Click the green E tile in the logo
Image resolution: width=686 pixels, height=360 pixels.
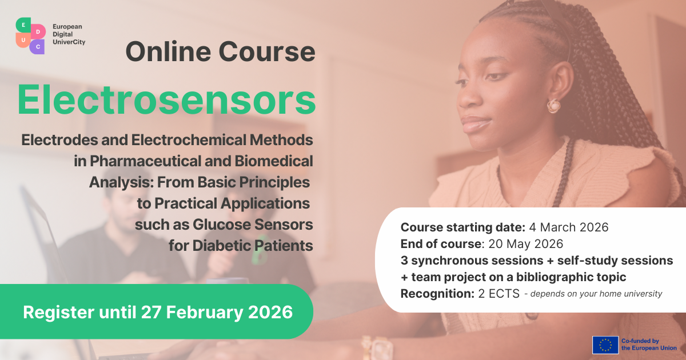23,25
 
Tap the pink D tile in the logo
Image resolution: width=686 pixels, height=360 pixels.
38,31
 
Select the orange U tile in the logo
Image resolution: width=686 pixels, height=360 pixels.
23,40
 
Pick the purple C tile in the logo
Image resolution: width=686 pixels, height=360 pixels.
37,47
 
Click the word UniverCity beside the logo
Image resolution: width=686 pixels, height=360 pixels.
69,42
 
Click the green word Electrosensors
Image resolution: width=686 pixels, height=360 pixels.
166,100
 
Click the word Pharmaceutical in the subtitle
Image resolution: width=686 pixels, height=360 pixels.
145,161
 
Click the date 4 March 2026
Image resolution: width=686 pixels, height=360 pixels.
569,227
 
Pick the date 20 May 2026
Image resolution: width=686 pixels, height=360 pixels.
526,244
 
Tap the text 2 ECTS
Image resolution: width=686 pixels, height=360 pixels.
499,294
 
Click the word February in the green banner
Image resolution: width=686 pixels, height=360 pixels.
205,313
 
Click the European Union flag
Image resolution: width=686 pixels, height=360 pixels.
605,345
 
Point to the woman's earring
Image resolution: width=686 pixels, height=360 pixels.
554,106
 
